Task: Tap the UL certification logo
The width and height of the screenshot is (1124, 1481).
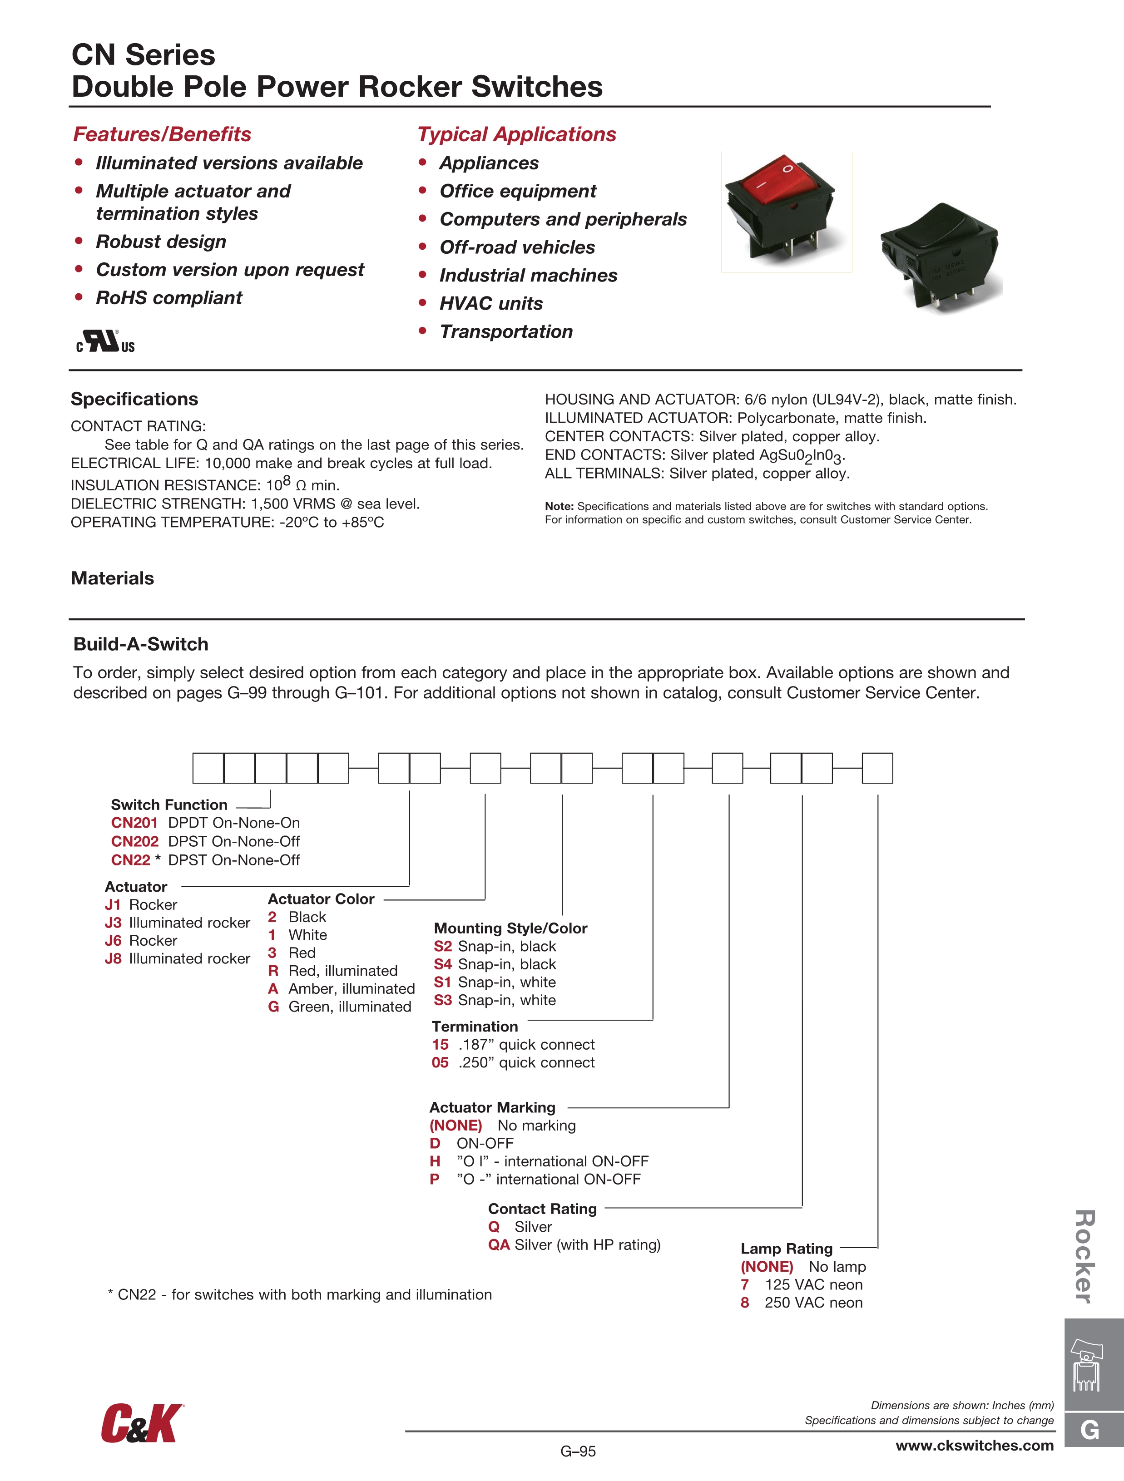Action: pos(105,341)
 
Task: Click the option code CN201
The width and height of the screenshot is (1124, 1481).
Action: pos(134,823)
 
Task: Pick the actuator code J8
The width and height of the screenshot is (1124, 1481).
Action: pos(113,959)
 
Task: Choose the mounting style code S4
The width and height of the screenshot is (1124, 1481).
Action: pos(443,964)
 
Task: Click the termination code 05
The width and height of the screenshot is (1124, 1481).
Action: pos(440,1062)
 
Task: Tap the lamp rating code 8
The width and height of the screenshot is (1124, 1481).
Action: pos(745,1302)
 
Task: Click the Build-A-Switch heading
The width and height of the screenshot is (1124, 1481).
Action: pos(141,644)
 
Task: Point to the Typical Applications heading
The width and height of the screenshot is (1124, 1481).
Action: pos(516,134)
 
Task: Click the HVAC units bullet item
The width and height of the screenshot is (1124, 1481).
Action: pos(491,303)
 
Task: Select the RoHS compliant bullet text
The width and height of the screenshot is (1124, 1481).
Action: pos(169,298)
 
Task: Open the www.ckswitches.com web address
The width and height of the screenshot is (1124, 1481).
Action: pos(975,1446)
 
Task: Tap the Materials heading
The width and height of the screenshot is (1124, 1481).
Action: pos(113,578)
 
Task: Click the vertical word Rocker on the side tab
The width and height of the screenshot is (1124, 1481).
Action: pos(1085,1257)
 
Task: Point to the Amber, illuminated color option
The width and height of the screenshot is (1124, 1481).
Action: pos(351,989)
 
